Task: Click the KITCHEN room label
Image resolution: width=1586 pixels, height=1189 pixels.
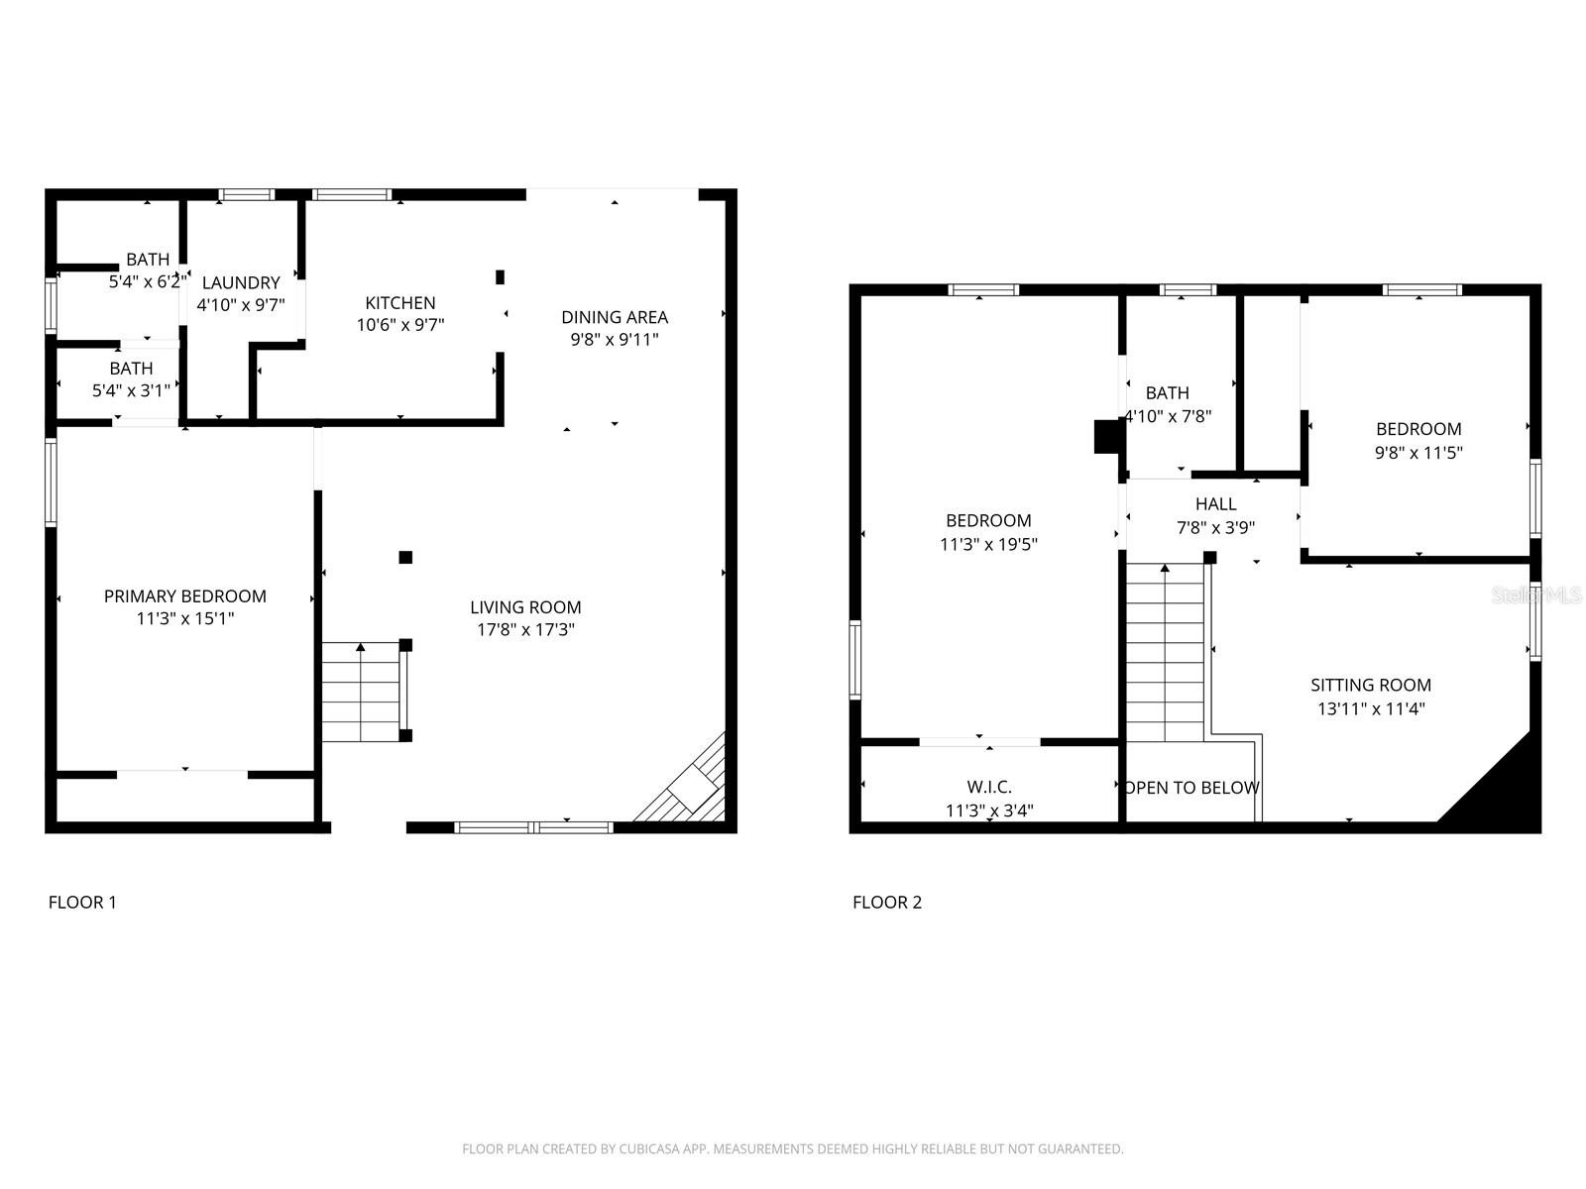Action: click(399, 303)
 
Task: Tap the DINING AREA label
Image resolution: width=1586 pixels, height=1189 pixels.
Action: click(615, 317)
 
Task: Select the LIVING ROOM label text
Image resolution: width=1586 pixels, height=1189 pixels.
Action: click(525, 607)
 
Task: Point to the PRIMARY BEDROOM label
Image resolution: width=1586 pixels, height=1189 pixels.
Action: click(185, 596)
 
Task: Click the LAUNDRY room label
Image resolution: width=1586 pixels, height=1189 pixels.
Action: click(241, 283)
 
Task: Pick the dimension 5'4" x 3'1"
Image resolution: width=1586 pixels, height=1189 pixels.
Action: click(131, 390)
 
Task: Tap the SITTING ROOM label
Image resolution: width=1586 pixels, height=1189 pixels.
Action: click(1371, 685)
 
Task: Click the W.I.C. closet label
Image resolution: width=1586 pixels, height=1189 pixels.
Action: click(989, 787)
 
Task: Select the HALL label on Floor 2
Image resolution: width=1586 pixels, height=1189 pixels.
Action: click(1216, 504)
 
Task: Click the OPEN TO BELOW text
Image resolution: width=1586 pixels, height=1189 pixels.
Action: click(1192, 788)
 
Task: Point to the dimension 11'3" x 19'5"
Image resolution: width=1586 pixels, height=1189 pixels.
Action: click(988, 544)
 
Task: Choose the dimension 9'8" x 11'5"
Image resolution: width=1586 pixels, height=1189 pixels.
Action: click(1418, 453)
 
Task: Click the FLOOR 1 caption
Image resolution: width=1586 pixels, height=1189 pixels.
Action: click(82, 903)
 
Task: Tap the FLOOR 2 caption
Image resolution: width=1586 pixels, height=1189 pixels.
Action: click(887, 903)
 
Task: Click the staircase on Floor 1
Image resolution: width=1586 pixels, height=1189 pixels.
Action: click(361, 692)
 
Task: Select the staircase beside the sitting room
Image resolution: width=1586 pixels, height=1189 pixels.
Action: click(1165, 653)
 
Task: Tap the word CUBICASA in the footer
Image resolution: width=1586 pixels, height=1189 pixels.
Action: click(649, 1148)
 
